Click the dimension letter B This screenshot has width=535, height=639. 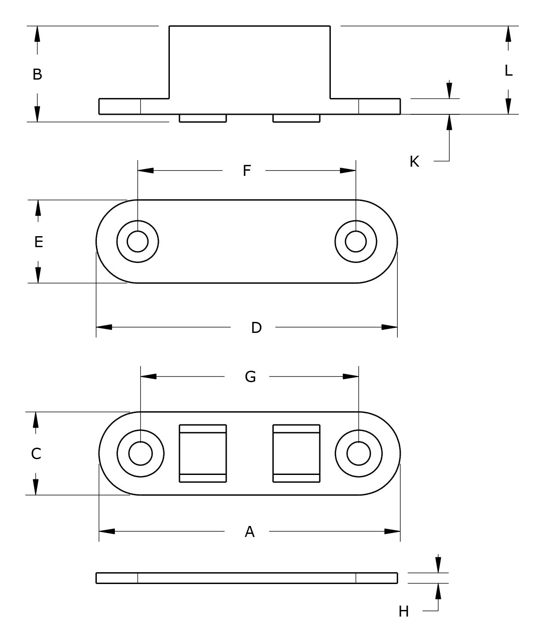(x=37, y=74)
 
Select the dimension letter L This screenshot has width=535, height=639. (x=508, y=70)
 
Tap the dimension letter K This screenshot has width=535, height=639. (x=414, y=162)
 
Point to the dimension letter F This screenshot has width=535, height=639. (x=247, y=171)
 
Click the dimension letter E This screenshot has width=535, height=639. (x=39, y=242)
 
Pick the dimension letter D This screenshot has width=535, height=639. (x=256, y=328)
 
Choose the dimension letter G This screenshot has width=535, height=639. (x=250, y=377)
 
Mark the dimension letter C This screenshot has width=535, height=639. (x=36, y=453)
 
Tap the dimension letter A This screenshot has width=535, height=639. (x=249, y=532)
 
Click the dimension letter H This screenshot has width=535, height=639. (x=403, y=611)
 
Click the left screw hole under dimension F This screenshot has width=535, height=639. (x=138, y=241)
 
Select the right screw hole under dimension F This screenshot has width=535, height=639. (x=355, y=241)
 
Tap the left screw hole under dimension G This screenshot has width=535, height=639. (x=140, y=453)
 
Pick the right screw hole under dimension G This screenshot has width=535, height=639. (x=359, y=453)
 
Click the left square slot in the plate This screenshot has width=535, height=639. (x=203, y=453)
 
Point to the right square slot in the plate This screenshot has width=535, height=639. (x=296, y=453)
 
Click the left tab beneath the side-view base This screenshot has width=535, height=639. (x=203, y=118)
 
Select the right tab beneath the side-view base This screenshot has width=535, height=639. (x=296, y=118)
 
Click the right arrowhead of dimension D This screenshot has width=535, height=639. (x=389, y=327)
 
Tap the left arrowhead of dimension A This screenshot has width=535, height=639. (x=107, y=531)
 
